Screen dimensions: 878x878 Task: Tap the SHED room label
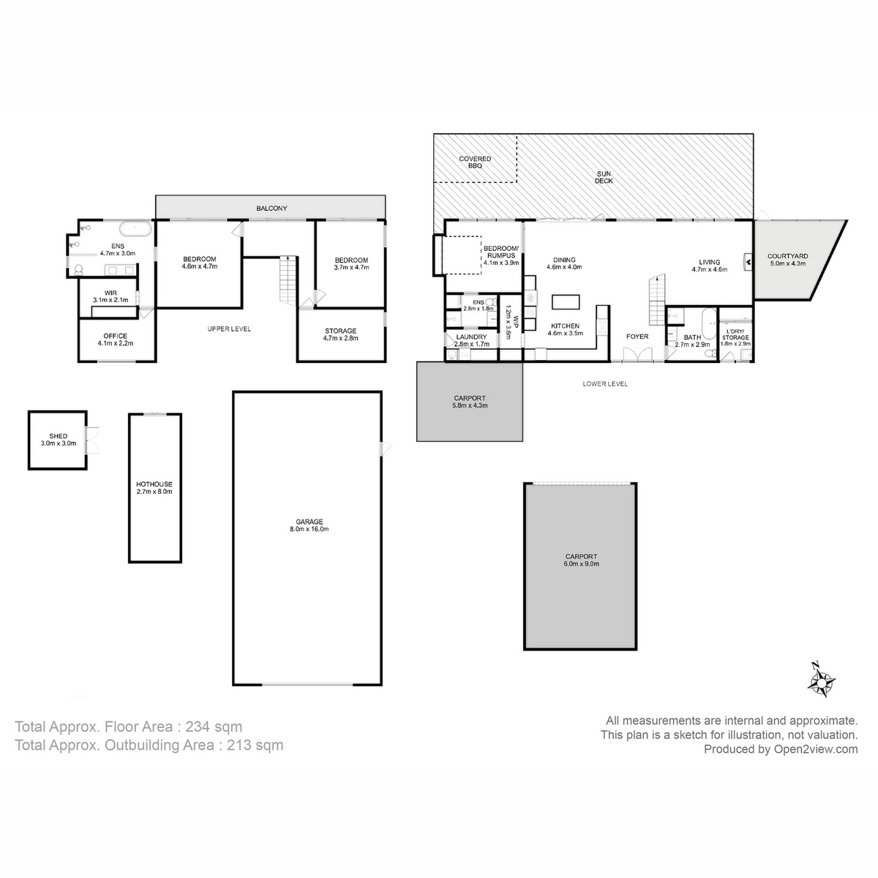coord(58,437)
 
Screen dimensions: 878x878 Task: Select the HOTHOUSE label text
coord(154,484)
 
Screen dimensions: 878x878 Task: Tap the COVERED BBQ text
coord(475,162)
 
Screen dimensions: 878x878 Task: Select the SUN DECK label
coord(604,176)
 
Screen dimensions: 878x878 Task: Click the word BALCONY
coord(271,209)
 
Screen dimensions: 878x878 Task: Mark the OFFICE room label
coord(115,337)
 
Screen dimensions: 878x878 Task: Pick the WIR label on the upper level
coord(110,292)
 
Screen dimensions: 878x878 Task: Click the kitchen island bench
coord(566,301)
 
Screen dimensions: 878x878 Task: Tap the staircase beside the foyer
coord(658,300)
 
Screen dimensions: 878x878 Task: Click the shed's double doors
coord(92,439)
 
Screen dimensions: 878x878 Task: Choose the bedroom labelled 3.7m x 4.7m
coord(351,263)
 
